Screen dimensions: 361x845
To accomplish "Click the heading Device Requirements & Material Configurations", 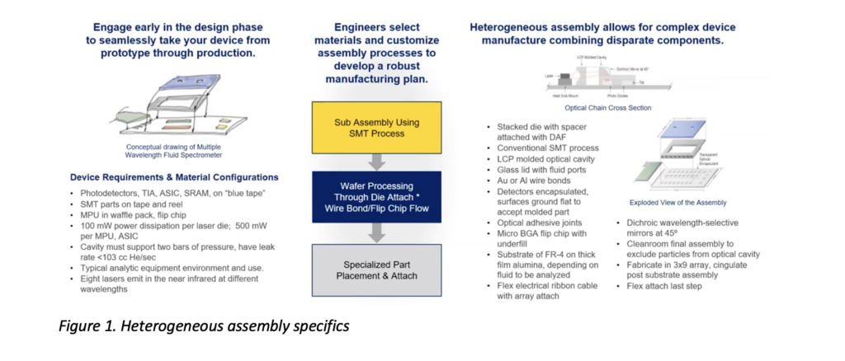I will tap(173, 177).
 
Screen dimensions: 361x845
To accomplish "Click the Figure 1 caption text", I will tap(203, 326).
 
